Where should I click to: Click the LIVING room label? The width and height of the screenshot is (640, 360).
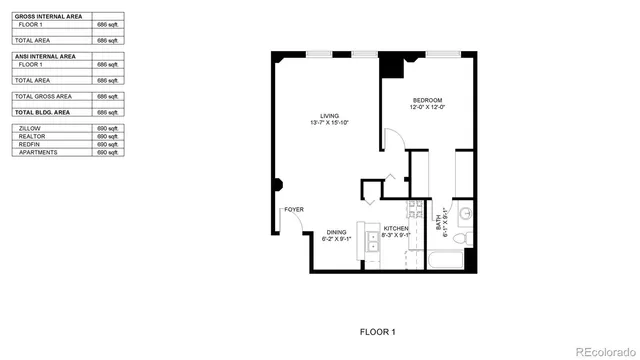click(x=329, y=115)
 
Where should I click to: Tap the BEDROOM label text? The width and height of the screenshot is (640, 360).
click(x=428, y=101)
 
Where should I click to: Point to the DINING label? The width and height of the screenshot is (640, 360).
click(x=336, y=232)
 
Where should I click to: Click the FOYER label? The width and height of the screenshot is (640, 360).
click(x=294, y=209)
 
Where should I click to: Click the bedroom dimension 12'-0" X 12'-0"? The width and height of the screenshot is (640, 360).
click(x=428, y=109)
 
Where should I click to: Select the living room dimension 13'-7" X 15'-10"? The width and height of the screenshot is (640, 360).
click(x=329, y=123)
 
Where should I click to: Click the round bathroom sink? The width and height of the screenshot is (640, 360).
click(x=465, y=214)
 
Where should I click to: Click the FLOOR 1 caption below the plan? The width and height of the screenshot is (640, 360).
click(x=378, y=331)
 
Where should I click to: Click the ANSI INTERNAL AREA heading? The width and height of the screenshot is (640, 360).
click(x=45, y=57)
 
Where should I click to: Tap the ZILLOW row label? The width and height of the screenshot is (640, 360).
click(x=29, y=128)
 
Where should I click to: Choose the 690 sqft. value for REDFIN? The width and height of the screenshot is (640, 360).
click(x=107, y=144)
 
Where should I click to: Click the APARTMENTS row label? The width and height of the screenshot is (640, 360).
click(x=38, y=152)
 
